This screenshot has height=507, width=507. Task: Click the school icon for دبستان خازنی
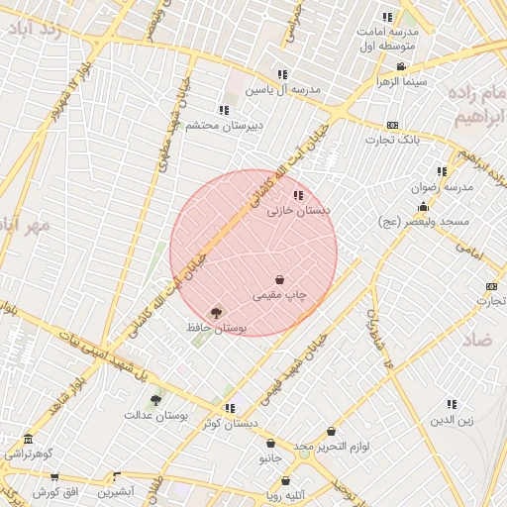pyautogui.click(x=298, y=195)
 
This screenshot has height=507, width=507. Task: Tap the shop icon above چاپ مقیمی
pyautogui.click(x=280, y=280)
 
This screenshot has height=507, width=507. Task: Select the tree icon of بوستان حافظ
pyautogui.click(x=217, y=313)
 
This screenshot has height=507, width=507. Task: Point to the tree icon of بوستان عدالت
pyautogui.click(x=155, y=400)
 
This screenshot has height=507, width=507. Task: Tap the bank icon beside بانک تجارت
pyautogui.click(x=392, y=126)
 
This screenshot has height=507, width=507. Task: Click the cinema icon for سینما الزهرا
pyautogui.click(x=400, y=66)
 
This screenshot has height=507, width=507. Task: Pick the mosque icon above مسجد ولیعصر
pyautogui.click(x=424, y=207)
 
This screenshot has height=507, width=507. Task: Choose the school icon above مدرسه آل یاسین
pyautogui.click(x=282, y=74)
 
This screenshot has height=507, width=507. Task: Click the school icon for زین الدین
pyautogui.click(x=452, y=404)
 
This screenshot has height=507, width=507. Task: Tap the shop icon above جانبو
pyautogui.click(x=270, y=444)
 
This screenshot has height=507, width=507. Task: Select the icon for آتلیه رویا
pyautogui.click(x=271, y=479)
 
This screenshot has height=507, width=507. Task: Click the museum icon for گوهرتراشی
pyautogui.click(x=27, y=440)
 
